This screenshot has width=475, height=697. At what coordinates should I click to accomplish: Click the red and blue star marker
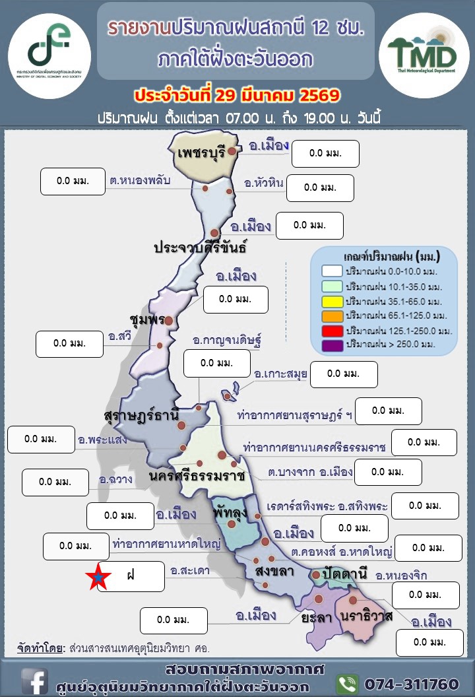pyautogui.click(x=98, y=577)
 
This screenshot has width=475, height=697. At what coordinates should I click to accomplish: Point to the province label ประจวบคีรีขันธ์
pyautogui.click(x=200, y=248)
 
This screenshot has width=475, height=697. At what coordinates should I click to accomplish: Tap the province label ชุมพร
pyautogui.click(x=147, y=319)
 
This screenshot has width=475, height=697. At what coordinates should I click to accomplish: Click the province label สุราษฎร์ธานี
pyautogui.click(x=142, y=416)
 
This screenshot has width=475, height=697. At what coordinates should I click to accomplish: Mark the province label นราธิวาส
pyautogui.click(x=367, y=616)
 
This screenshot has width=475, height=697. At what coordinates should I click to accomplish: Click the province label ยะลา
pyautogui.click(x=315, y=618)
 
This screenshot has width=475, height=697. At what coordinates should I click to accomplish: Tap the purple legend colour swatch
pyautogui.click(x=332, y=344)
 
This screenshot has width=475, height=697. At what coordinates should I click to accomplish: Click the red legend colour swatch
pyautogui.click(x=332, y=329)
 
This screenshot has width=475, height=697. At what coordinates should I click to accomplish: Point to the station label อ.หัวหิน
pyautogui.click(x=263, y=183)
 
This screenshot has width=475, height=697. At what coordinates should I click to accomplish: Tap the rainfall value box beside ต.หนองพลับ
pyautogui.click(x=73, y=182)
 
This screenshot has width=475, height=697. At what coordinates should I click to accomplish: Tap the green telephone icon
pyautogui.click(x=347, y=683)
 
